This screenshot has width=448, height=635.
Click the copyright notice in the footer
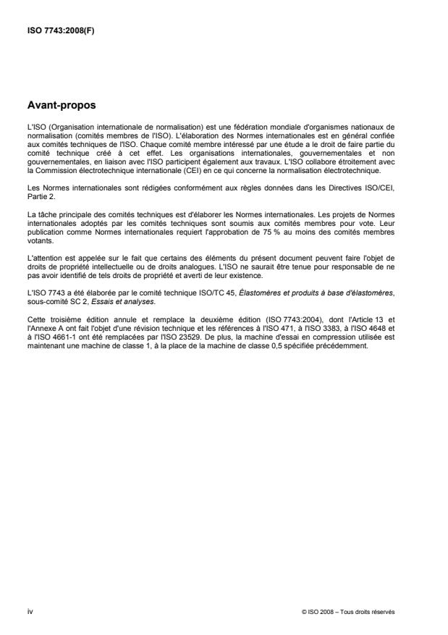pyautogui.click(x=349, y=611)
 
